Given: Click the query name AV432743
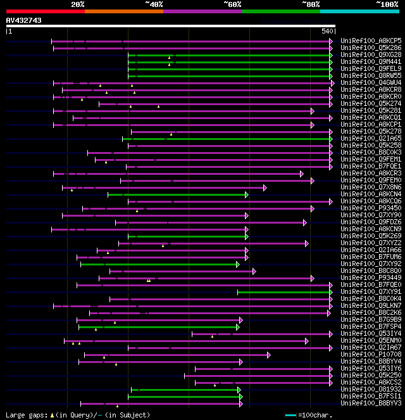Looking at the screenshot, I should tap(24, 20).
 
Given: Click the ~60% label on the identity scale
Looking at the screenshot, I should tap(232, 4).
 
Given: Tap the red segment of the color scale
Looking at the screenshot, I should tap(45, 11).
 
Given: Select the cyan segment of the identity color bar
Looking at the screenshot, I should tap(359, 11).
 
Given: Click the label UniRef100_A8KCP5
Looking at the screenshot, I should tap(371, 41).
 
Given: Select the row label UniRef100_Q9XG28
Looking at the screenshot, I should tap(371, 54).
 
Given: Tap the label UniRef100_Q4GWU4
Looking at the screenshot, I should tap(371, 82).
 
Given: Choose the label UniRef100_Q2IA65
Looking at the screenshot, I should tap(371, 138).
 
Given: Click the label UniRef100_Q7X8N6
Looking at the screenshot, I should tap(371, 187).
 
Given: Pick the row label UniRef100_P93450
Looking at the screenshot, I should tap(371, 208).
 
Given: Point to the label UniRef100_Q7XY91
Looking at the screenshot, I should tap(371, 291).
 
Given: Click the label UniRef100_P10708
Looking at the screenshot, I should tap(371, 354).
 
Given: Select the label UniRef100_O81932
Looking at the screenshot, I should tap(371, 389).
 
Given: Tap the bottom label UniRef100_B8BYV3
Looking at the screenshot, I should tap(371, 403).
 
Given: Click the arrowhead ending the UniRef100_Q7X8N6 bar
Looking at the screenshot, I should tap(265, 188).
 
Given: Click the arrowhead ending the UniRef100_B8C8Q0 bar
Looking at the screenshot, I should tap(254, 271).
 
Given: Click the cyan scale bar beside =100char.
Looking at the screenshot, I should tap(290, 415).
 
